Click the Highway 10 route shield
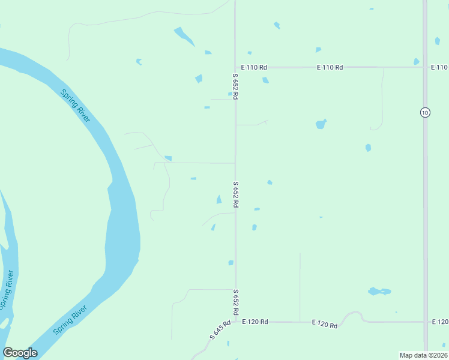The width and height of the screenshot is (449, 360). click(x=425, y=112)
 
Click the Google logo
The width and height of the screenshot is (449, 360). click(x=20, y=353)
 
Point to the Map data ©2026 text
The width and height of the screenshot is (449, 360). click(x=423, y=355)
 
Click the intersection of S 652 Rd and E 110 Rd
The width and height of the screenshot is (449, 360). click(x=235, y=67)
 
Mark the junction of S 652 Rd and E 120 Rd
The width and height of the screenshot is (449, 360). click(x=235, y=322)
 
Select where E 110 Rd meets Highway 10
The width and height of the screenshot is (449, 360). click(x=425, y=67)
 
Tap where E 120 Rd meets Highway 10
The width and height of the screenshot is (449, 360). click(x=425, y=322)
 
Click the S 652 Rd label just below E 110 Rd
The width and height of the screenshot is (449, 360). click(x=235, y=86)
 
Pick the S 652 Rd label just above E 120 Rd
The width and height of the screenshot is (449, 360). click(x=235, y=302)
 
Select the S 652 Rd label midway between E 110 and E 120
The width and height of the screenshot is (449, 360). click(x=235, y=194)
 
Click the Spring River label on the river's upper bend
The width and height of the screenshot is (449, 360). click(x=76, y=105)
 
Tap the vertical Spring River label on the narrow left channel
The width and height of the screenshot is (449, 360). click(x=7, y=290)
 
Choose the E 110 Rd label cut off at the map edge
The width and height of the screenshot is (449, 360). click(x=439, y=67)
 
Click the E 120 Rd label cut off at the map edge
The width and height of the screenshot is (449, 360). click(x=439, y=322)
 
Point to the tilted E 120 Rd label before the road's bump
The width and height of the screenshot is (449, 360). click(x=325, y=324)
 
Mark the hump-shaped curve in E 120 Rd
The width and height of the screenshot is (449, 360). click(x=353, y=314)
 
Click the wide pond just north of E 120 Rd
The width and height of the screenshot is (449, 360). click(x=379, y=292)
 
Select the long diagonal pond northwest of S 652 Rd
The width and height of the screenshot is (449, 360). click(x=184, y=37)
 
